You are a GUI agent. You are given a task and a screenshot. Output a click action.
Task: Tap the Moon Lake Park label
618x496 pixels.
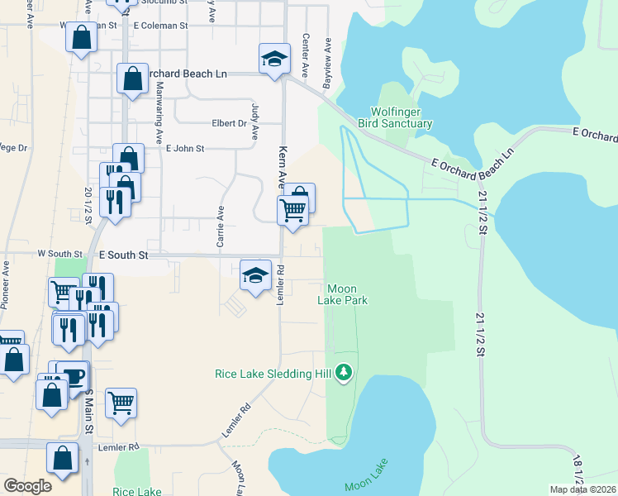click(x=342, y=294)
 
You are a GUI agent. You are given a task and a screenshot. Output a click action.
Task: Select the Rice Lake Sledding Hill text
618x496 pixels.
click(x=273, y=374)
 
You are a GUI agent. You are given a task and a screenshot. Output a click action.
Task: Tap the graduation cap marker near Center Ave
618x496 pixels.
click(x=275, y=60)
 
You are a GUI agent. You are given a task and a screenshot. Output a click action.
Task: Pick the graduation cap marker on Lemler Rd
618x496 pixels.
click(x=255, y=275)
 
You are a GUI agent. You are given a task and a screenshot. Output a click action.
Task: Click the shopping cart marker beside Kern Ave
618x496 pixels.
click(x=292, y=212)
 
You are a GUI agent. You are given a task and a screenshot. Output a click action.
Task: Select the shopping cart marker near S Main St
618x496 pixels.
click(x=121, y=403)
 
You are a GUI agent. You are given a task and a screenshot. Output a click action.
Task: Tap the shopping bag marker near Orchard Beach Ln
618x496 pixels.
click(x=132, y=80)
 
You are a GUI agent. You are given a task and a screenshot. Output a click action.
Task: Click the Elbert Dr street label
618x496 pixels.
click(x=229, y=124)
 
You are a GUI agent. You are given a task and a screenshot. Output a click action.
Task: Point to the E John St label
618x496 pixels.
click(x=184, y=149)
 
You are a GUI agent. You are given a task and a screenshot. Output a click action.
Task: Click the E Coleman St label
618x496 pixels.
click(x=160, y=26)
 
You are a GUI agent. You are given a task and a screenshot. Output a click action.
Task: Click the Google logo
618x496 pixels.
click(x=27, y=486)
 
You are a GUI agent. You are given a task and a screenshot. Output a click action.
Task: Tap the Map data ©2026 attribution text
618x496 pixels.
click(x=583, y=489)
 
